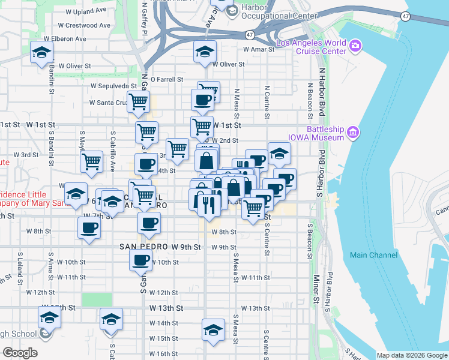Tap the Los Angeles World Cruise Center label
click(311, 46)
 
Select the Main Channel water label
click(373, 255)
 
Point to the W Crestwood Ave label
click(84, 25)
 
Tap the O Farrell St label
click(166, 79)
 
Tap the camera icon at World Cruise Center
click(355, 46)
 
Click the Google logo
click(20, 352)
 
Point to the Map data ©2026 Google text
click(412, 355)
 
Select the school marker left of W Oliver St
click(41, 53)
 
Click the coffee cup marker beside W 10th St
click(141, 260)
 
